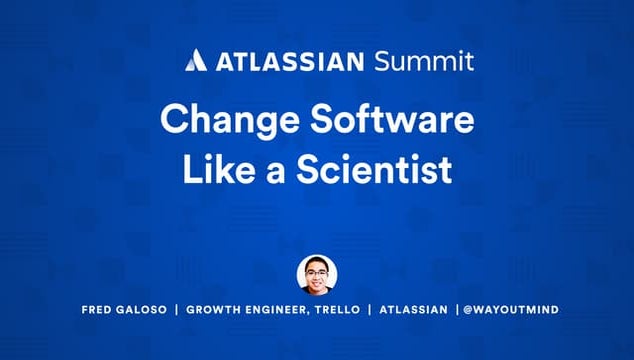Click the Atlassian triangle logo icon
195,60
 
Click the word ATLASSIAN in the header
281,61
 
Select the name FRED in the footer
98,310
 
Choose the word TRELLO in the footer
339,310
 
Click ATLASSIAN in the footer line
413,310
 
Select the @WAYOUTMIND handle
511,310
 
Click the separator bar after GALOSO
177,310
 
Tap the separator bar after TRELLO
370,310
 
